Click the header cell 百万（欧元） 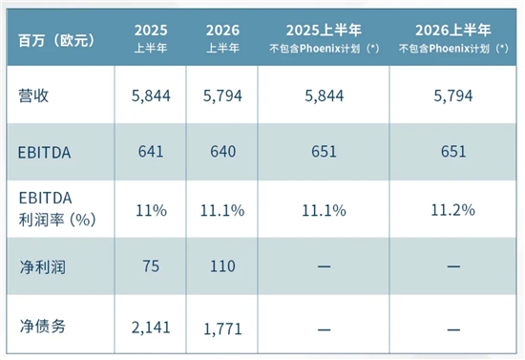pos(56,41)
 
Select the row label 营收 pos(33,95)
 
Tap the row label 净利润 pos(42,267)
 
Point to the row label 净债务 pos(42,327)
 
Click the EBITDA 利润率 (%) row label pos(57,208)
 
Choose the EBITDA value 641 pos(151,152)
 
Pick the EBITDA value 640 pos(222,152)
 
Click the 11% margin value pos(151,211)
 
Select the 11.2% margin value pos(452,210)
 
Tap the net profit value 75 pos(151,266)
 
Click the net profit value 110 pos(222,266)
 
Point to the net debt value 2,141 pos(151,328)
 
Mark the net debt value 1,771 pos(222,328)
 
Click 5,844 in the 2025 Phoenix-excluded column pos(324,95)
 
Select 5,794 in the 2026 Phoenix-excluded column pos(453,95)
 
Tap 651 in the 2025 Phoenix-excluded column pos(324,152)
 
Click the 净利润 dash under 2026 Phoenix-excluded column pos(453,266)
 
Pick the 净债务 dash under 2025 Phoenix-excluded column pos(324,329)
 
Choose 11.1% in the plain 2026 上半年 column pos(222,211)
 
